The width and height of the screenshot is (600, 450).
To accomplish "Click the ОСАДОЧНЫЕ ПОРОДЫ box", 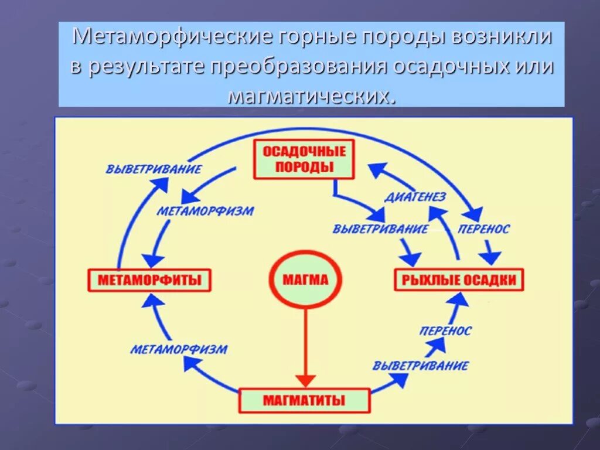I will point(304,159).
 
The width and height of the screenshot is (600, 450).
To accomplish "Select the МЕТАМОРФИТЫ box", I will point(149,280).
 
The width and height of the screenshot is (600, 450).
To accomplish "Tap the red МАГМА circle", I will point(305,280).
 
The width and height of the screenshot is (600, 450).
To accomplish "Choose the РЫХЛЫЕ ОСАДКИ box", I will point(459,280).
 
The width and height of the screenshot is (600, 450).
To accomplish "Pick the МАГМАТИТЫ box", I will point(304,401).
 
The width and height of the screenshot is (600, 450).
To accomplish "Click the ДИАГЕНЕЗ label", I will point(415,197).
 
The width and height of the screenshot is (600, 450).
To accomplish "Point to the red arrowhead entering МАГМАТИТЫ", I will point(305,381).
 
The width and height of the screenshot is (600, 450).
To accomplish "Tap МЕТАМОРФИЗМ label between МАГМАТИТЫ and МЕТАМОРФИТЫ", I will point(179,350).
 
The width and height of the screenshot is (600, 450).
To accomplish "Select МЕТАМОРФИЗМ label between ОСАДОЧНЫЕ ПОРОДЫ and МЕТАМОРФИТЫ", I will point(205,211).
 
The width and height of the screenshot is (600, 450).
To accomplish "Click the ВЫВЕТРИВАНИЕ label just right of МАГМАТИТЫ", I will point(421,366).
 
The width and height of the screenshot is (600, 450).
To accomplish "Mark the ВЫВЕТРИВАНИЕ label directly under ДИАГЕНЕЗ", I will point(380,229).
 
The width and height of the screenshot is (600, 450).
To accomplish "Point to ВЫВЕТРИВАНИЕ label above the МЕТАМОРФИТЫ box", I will point(154,169).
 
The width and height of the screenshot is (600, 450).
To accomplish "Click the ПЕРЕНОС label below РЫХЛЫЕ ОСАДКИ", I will point(446,331).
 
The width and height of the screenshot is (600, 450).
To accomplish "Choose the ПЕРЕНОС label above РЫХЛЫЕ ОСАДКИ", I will point(484,229).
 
